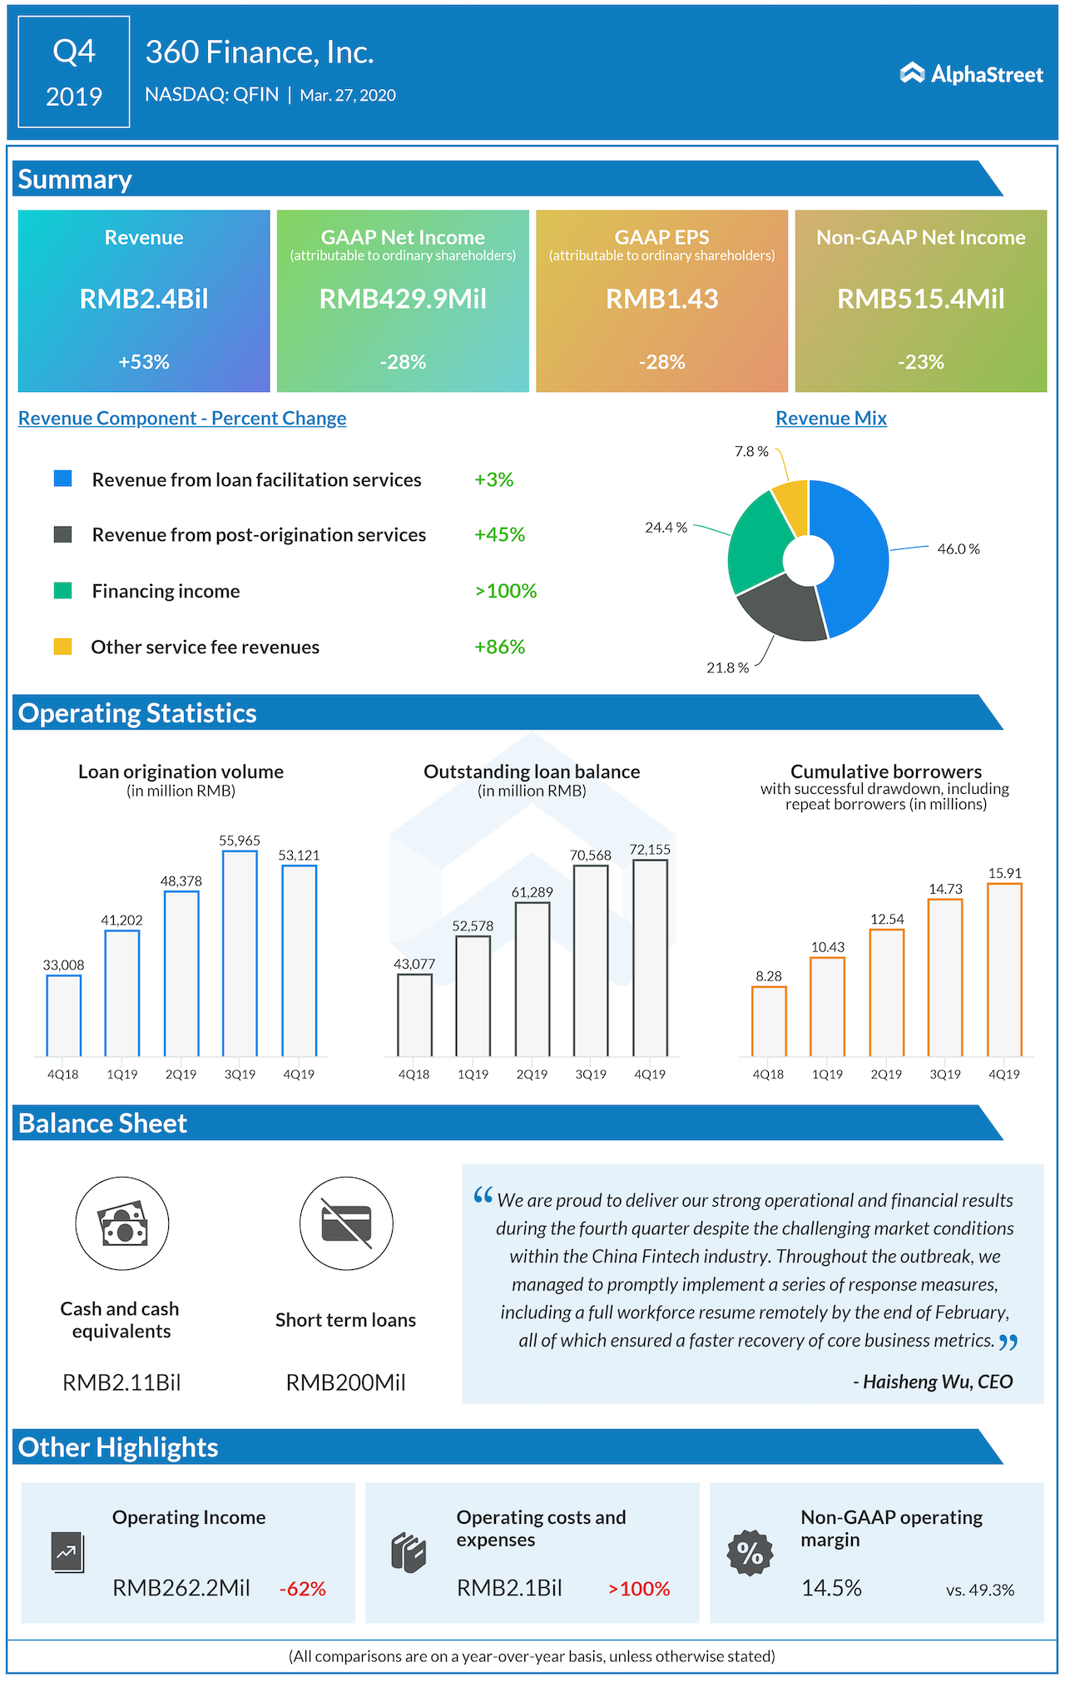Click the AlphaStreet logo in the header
click(971, 74)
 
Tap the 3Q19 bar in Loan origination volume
click(240, 953)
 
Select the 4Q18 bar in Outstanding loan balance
click(414, 1015)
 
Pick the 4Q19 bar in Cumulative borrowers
click(1004, 970)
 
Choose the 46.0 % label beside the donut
click(958, 549)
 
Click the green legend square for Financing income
click(62, 591)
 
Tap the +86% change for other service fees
click(499, 647)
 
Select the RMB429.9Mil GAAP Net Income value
click(403, 299)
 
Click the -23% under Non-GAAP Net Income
click(920, 362)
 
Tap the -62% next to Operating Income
click(303, 1589)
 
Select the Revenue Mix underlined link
click(830, 419)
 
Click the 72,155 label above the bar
click(650, 850)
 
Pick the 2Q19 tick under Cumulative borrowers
click(886, 1074)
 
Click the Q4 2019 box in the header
click(74, 72)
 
